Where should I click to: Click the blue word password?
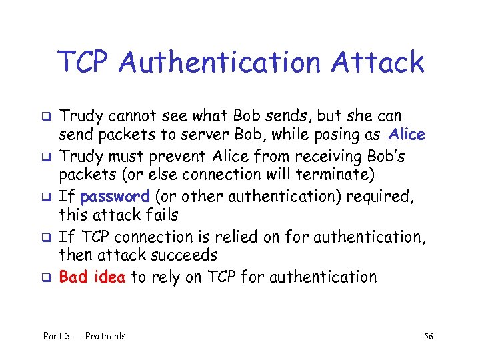[114, 196]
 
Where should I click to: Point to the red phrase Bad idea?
[92, 277]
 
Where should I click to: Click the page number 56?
[428, 336]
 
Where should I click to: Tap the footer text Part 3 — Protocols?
[85, 336]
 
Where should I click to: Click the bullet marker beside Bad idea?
[48, 277]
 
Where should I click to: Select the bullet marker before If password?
[48, 197]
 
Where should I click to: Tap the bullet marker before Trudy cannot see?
[48, 117]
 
